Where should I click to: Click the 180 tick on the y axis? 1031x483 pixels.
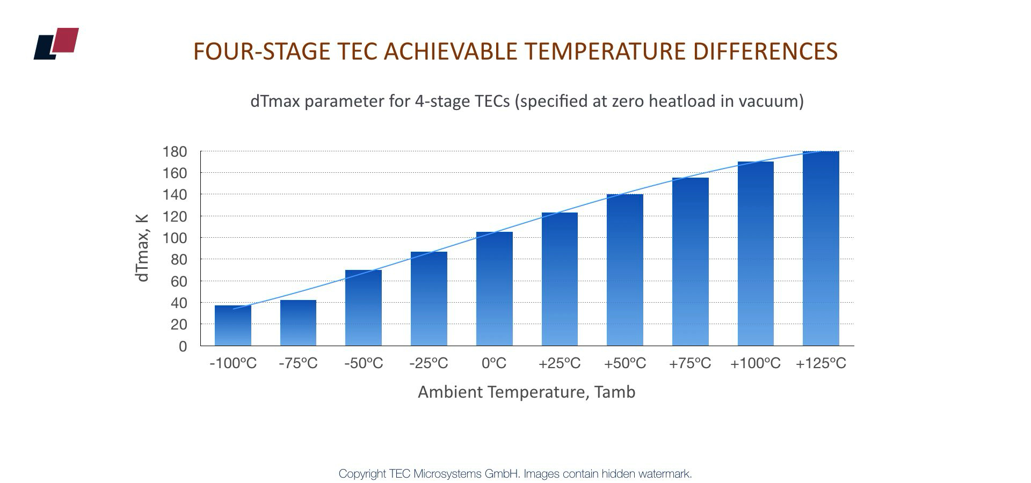pyautogui.click(x=175, y=152)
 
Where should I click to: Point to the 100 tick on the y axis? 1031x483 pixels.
pyautogui.click(x=175, y=238)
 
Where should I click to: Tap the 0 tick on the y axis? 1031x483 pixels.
pyautogui.click(x=183, y=347)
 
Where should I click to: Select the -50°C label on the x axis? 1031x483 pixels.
pyautogui.click(x=364, y=364)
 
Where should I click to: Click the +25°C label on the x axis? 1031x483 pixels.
pyautogui.click(x=560, y=364)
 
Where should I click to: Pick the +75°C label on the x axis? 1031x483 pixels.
pyautogui.click(x=690, y=364)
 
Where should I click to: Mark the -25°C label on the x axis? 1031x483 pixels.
pyautogui.click(x=429, y=364)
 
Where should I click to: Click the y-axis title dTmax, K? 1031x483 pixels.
pyautogui.click(x=142, y=247)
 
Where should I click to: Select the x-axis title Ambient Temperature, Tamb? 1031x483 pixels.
pyautogui.click(x=526, y=392)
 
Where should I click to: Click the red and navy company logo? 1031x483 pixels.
pyautogui.click(x=56, y=43)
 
